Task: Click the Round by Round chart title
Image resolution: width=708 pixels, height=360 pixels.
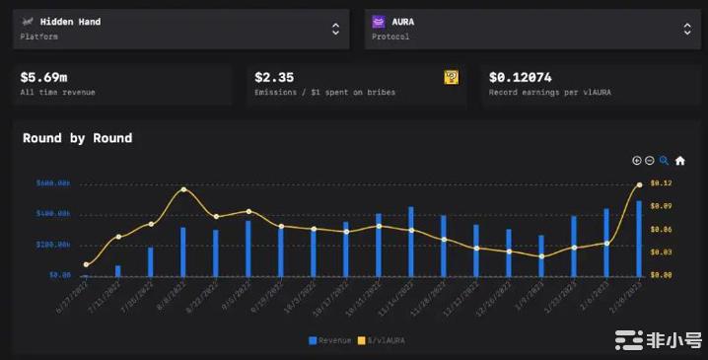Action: pos(77,138)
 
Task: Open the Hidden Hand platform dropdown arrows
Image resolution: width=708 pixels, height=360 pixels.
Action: pos(334,29)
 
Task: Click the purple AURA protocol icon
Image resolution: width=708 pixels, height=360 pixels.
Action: pos(380,21)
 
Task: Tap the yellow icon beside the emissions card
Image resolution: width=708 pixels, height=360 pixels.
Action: pos(451,76)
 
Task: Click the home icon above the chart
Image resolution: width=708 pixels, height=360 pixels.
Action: pos(679,160)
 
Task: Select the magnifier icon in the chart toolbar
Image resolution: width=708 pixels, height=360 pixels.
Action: pos(664,160)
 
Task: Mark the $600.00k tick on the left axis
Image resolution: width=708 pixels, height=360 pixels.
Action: pos(52,183)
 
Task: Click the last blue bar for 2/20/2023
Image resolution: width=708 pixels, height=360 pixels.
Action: pos(639,237)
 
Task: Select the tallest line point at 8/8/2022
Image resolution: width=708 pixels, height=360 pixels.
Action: pos(183,189)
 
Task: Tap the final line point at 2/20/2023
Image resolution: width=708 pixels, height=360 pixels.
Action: pos(639,184)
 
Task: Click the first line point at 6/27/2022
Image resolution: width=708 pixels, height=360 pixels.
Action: pos(86,264)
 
